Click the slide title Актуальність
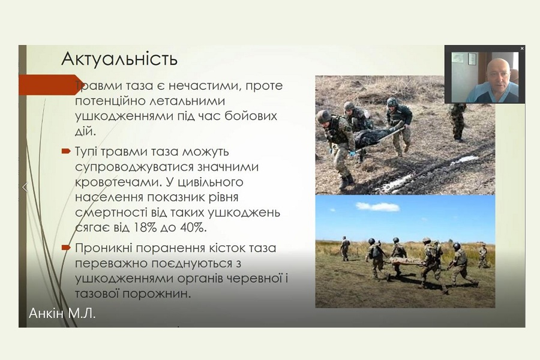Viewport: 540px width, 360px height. [119, 59]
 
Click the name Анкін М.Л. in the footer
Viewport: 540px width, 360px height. [62, 313]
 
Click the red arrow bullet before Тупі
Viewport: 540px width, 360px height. [66, 151]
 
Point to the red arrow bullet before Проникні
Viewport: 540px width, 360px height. [66, 247]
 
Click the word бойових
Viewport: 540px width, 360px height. [251, 116]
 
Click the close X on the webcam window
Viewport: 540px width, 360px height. [522, 49]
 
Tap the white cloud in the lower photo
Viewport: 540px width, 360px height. [378, 206]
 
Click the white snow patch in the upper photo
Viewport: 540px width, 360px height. [465, 160]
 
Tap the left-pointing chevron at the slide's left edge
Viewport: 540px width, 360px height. [25, 187]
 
